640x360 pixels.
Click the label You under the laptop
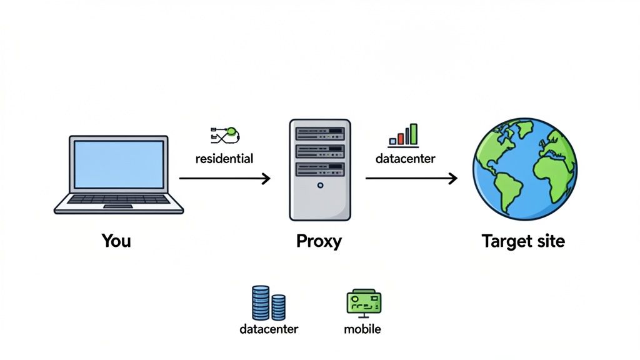coord(116,241)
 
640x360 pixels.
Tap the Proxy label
coord(319,241)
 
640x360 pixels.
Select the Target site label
coord(523,241)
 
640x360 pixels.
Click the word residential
coord(224,158)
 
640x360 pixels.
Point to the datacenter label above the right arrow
coord(405,158)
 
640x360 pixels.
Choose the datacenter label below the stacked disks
coord(269,329)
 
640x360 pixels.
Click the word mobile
coord(362,329)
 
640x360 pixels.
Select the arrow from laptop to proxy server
coord(224,179)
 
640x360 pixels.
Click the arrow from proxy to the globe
coord(411,179)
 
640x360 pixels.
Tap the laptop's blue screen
coord(118,164)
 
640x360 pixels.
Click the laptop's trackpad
coord(117,206)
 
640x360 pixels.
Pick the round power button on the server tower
coord(320,185)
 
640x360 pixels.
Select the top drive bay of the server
coord(319,133)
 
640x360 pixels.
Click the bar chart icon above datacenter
coord(404,135)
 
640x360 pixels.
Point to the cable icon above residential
coord(226,133)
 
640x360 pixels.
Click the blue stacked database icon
coord(268,302)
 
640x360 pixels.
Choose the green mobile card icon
coord(364,302)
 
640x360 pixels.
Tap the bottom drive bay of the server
coord(319,168)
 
